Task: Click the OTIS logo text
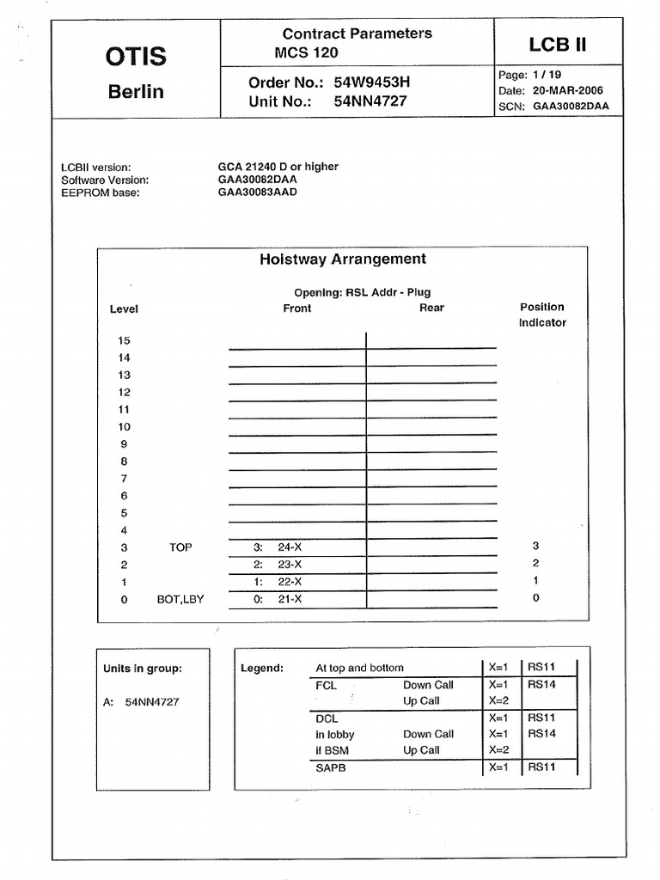point(136,57)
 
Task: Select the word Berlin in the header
point(136,91)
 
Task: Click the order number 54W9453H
point(370,83)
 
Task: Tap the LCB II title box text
point(558,44)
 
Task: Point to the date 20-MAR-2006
point(567,90)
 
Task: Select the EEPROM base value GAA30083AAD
point(257,192)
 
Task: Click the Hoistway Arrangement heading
point(343,259)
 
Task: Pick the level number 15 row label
point(125,340)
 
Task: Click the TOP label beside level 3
point(180,547)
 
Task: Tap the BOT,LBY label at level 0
point(180,598)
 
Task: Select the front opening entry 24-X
point(290,547)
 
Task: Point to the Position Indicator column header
point(542,315)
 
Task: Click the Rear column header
point(431,308)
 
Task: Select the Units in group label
point(143,669)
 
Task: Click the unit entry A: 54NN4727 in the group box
point(141,701)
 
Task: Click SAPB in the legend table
point(331,767)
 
